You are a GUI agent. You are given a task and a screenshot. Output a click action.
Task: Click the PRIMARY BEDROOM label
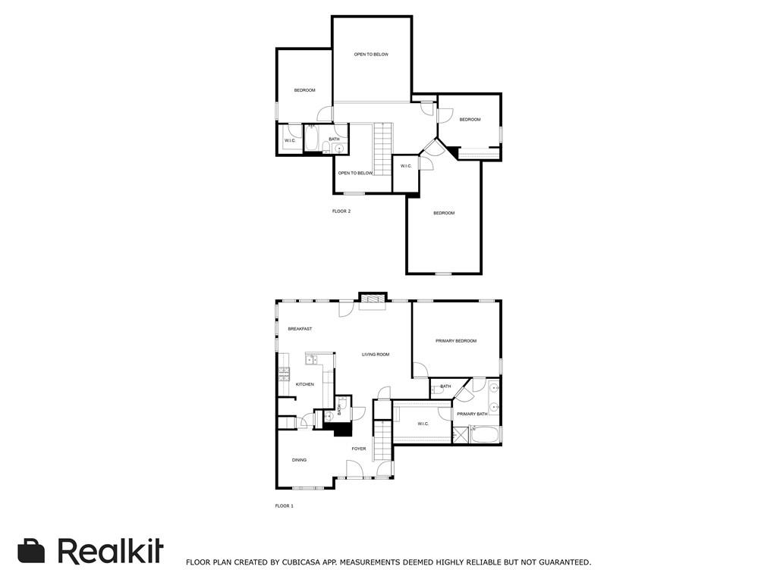point(456,341)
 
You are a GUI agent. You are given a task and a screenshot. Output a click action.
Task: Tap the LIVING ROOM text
point(376,355)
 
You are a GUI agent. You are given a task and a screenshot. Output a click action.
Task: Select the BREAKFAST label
point(300,329)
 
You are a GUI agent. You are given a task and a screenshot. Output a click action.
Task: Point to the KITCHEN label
point(305,384)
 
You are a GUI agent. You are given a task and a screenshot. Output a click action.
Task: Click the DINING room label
point(299,460)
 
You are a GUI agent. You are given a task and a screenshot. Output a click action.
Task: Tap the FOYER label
point(359,449)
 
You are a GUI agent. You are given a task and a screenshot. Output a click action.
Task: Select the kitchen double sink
point(311,360)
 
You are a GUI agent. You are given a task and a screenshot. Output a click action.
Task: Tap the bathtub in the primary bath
point(486,435)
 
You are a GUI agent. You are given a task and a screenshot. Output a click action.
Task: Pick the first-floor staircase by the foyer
point(382,440)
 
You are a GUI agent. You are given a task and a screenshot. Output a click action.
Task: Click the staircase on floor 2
point(382,149)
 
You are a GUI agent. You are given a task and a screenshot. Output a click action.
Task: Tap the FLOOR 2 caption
point(341,211)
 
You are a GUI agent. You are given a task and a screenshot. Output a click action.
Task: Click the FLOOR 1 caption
point(285,505)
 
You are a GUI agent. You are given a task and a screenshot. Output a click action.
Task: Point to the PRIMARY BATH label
point(472,415)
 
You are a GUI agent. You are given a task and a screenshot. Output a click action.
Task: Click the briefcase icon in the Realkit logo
point(31,551)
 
